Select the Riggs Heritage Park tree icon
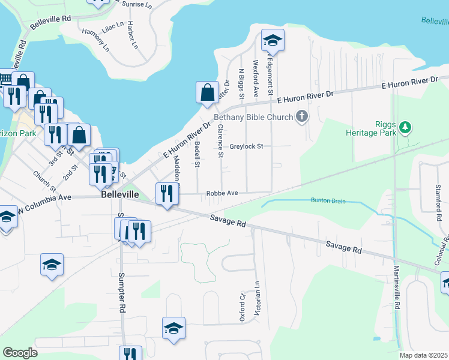(x=406, y=127)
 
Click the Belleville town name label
(x=120, y=195)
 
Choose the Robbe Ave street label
(x=222, y=193)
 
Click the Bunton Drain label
(x=328, y=200)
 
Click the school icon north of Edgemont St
(x=273, y=40)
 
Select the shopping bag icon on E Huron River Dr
(x=207, y=92)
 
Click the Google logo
(x=20, y=353)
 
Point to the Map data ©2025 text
(x=424, y=355)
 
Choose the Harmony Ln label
(x=96, y=40)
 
